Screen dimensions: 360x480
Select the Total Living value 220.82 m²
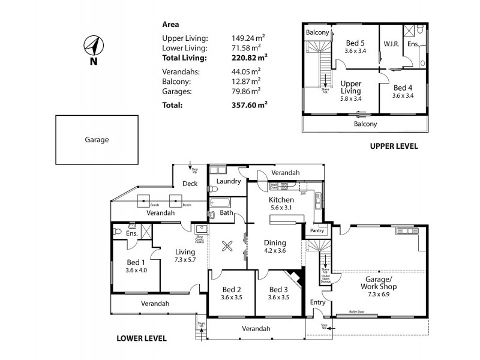[249, 58]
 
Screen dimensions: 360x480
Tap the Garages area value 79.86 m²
[246, 91]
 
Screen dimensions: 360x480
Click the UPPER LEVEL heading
[394, 146]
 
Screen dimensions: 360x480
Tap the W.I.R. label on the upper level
[391, 44]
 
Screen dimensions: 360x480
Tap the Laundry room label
[228, 181]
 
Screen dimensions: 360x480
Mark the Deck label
[190, 184]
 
